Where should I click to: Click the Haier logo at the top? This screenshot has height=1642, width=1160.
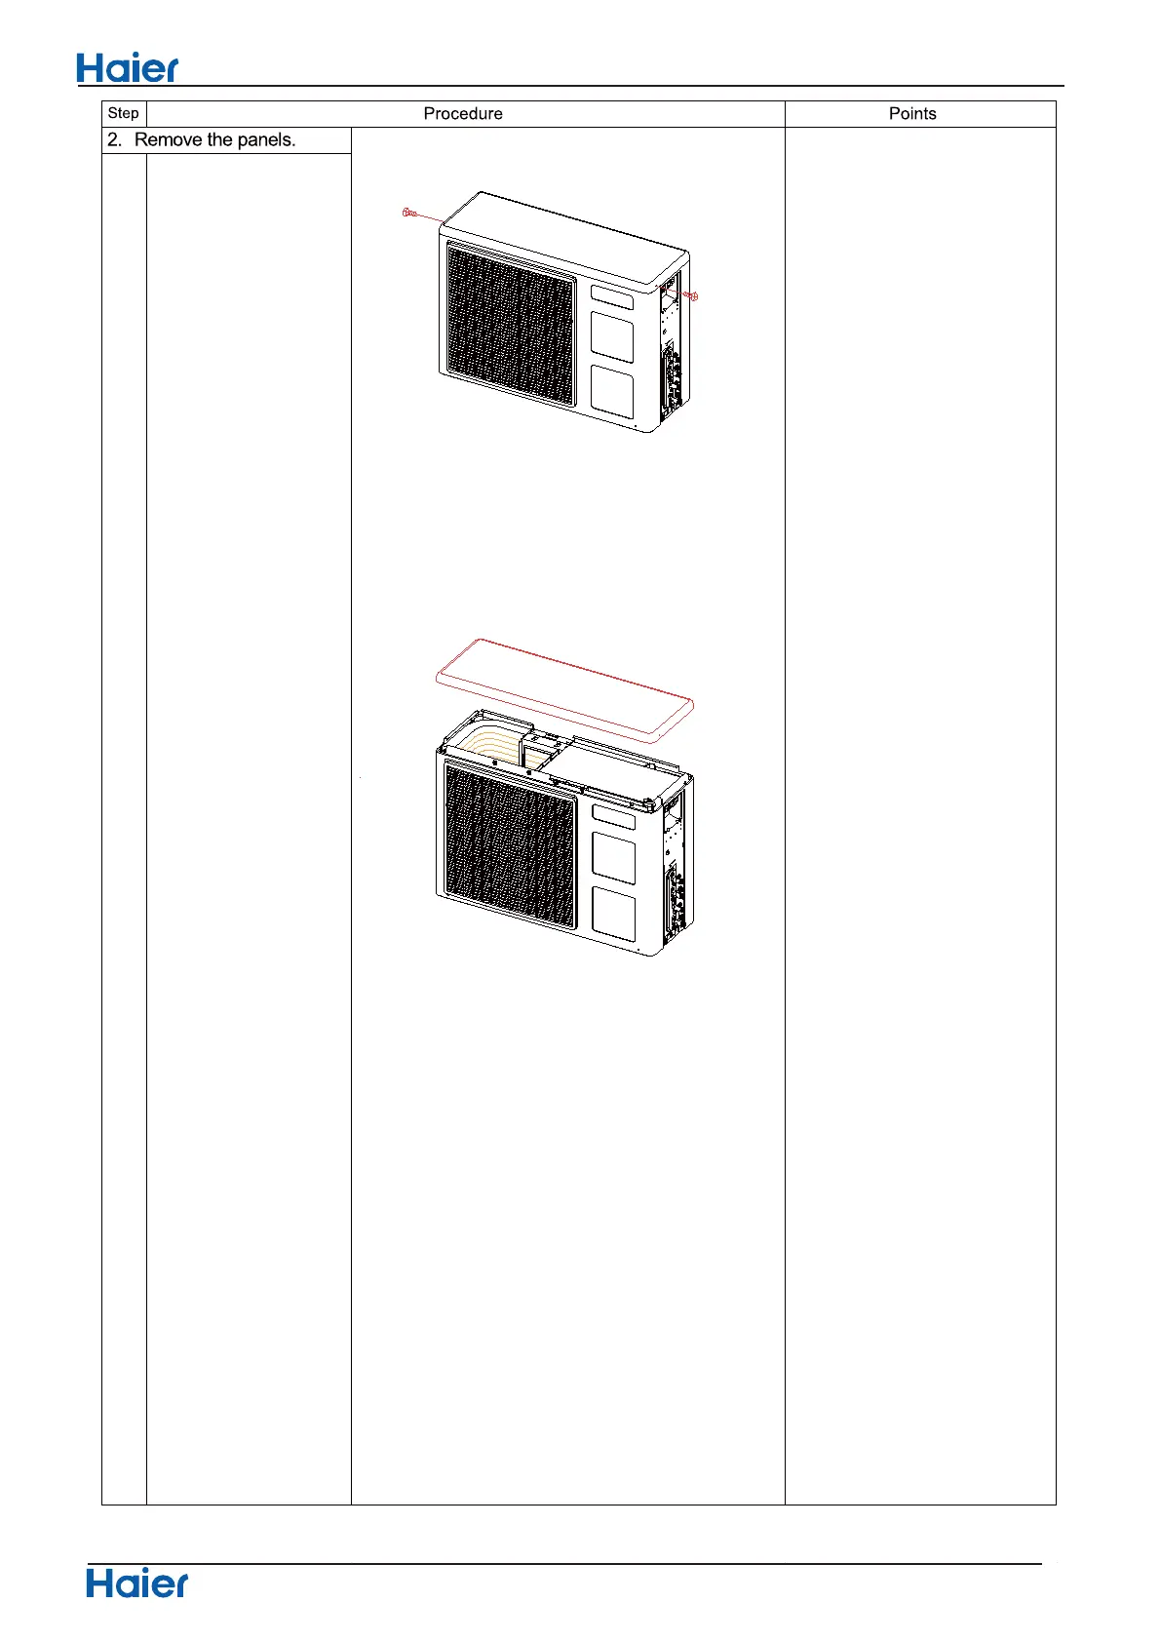click(x=128, y=68)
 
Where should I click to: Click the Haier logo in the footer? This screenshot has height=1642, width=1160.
click(x=136, y=1583)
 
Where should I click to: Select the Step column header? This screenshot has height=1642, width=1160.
click(x=124, y=113)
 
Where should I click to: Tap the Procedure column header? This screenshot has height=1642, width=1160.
click(x=463, y=114)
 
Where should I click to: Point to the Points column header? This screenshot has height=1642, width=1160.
click(x=912, y=114)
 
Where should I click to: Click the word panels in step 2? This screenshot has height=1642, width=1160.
click(x=265, y=139)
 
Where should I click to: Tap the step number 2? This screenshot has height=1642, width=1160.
click(x=114, y=139)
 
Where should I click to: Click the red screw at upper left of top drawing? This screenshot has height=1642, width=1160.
click(x=409, y=212)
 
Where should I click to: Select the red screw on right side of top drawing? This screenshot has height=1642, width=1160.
click(x=691, y=295)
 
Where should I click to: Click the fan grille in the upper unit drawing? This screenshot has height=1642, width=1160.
click(x=510, y=324)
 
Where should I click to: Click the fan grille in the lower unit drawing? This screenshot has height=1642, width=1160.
click(x=509, y=844)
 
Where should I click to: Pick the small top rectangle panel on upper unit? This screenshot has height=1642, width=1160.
click(x=611, y=296)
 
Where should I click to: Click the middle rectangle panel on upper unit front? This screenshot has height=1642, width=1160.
click(x=612, y=337)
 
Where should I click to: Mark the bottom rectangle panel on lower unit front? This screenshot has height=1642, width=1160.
click(x=614, y=913)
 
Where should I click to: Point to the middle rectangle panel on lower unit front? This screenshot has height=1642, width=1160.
click(x=613, y=858)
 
